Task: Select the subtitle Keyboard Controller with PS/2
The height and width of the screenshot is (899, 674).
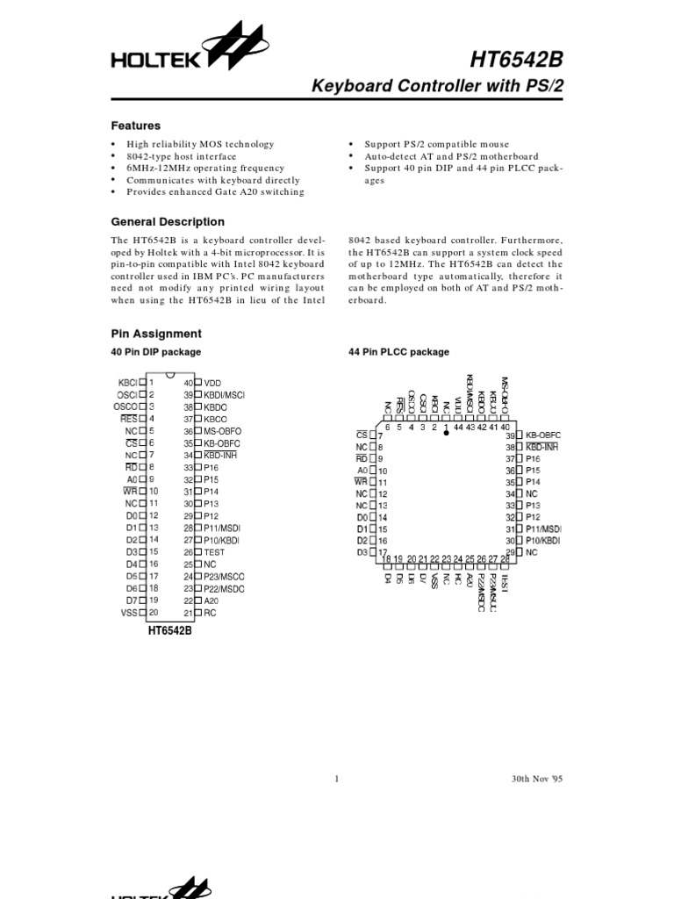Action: [438, 87]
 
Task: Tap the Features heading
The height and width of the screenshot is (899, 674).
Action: [135, 126]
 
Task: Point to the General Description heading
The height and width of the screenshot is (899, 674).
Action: [167, 222]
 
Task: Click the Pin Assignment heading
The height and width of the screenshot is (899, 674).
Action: [155, 334]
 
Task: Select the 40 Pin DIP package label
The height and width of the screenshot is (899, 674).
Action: [155, 352]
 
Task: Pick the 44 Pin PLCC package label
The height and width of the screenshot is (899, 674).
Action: [398, 352]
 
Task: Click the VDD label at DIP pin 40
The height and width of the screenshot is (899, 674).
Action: [213, 383]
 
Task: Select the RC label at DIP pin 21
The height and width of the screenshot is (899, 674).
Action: [211, 613]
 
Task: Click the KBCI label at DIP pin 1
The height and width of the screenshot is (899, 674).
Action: [127, 383]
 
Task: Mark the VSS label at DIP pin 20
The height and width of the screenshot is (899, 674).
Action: [129, 613]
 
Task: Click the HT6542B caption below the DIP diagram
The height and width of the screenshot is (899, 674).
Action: [169, 630]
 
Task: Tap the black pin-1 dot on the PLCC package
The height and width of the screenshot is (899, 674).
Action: [446, 433]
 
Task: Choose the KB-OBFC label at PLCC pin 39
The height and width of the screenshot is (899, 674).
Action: [542, 435]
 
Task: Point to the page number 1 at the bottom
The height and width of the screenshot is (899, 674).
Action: [337, 779]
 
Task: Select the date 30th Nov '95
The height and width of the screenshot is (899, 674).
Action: [536, 779]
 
